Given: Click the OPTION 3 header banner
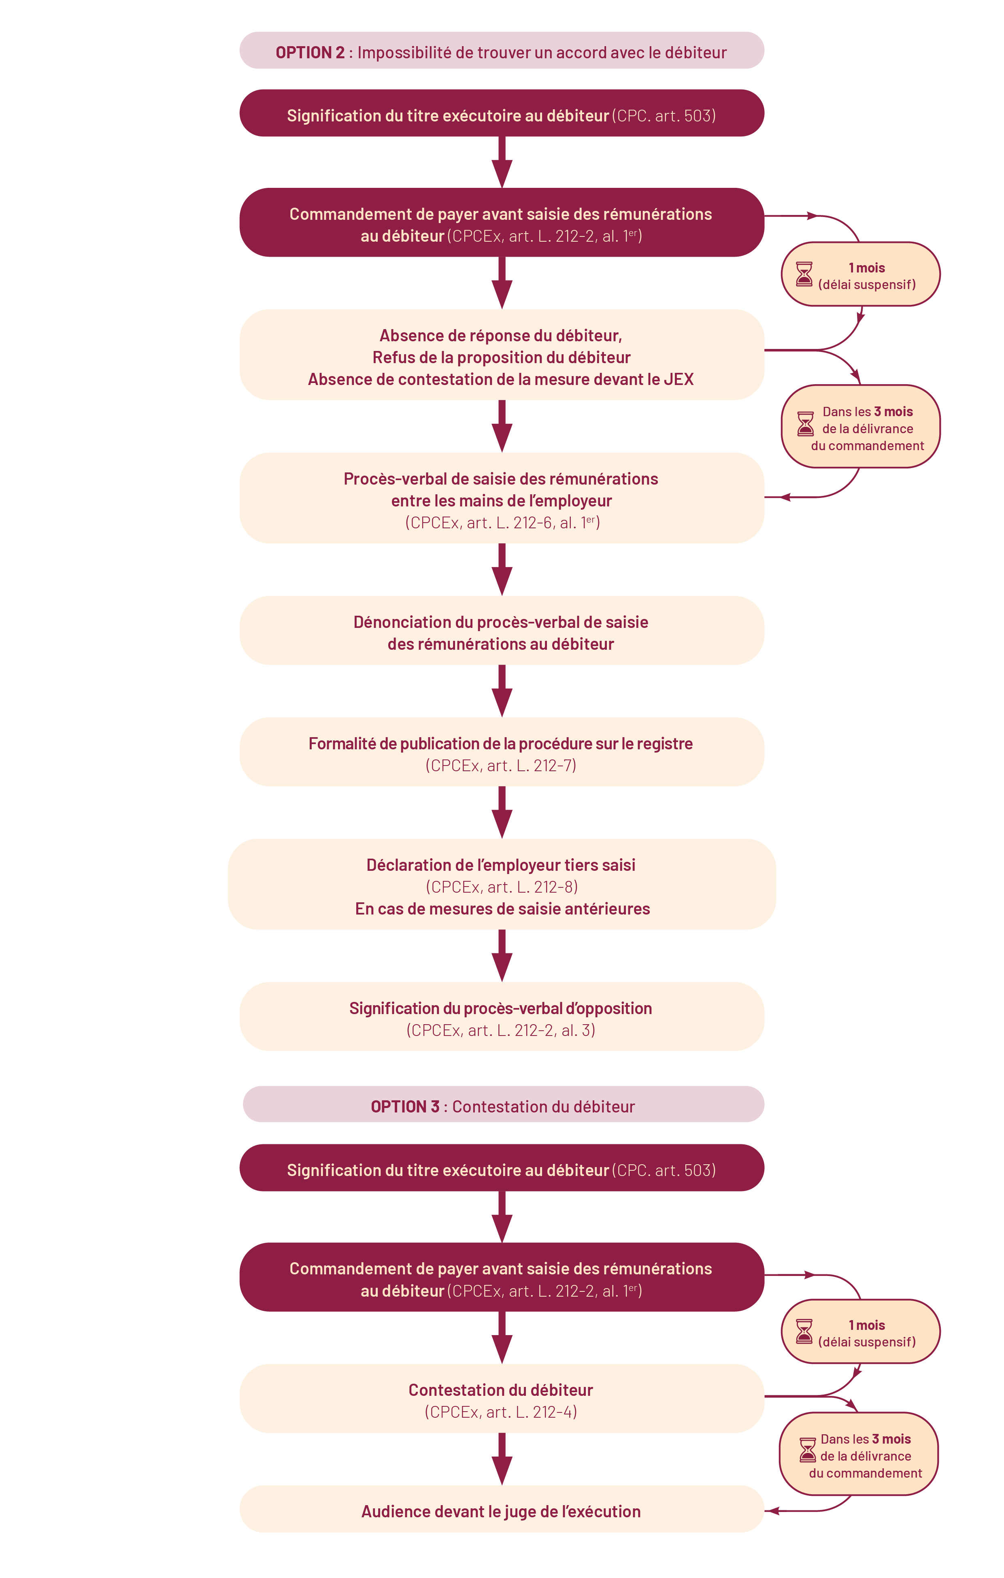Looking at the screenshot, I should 503,1106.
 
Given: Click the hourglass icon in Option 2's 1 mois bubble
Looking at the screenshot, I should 804,274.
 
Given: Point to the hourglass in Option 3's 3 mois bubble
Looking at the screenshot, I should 807,1450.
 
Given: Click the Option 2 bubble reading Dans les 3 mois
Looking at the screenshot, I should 860,427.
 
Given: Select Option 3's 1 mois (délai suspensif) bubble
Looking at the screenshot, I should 860,1331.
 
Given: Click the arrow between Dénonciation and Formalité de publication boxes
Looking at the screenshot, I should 502,691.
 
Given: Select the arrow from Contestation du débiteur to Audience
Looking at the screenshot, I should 502,1459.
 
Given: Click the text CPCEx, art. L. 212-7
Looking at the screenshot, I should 501,766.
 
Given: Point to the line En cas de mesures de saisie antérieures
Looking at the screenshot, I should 502,908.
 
